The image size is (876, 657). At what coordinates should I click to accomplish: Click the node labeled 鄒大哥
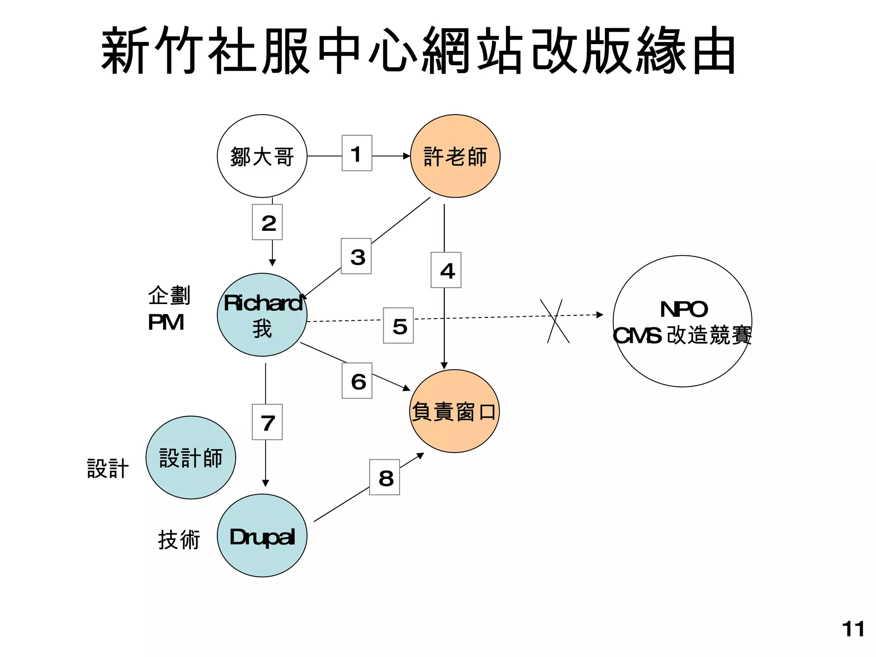(x=262, y=156)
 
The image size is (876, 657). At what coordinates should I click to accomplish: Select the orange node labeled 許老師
(x=455, y=156)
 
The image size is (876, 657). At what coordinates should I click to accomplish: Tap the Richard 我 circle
(x=262, y=315)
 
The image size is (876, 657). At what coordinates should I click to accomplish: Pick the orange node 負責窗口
(x=454, y=411)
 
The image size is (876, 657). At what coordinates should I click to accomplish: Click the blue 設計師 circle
(x=191, y=458)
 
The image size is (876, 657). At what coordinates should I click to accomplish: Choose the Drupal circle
(x=262, y=536)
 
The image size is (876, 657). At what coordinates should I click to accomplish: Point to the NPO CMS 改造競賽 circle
(x=682, y=322)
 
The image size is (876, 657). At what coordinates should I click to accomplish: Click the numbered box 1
(x=357, y=153)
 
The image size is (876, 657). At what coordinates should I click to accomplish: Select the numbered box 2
(x=267, y=222)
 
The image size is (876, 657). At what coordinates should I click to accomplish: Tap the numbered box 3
(x=356, y=256)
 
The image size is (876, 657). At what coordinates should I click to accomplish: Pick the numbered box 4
(x=446, y=270)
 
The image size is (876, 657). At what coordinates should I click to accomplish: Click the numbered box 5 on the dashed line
(x=398, y=326)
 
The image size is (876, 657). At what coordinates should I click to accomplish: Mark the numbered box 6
(x=357, y=381)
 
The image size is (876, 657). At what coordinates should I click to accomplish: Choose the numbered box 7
(x=267, y=422)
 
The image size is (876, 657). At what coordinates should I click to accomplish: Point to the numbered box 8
(x=385, y=477)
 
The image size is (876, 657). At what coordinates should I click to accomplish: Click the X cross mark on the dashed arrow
(x=555, y=321)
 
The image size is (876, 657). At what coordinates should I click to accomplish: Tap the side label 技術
(x=179, y=539)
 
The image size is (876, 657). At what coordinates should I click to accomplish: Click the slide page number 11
(x=853, y=629)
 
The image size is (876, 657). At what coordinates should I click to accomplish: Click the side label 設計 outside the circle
(x=108, y=468)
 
